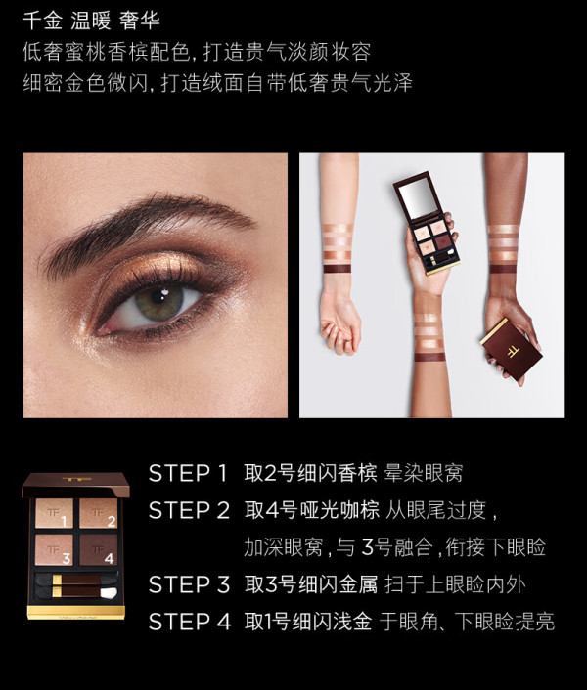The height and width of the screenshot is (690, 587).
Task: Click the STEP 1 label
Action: coord(188,473)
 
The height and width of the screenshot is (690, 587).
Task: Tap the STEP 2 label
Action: coord(190,510)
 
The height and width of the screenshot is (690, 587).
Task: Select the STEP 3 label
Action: coord(190,584)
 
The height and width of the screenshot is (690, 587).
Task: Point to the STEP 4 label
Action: coord(190,622)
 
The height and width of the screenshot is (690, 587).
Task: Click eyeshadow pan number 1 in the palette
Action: coord(54,513)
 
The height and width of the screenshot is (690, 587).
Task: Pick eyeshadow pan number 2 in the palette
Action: coord(99,513)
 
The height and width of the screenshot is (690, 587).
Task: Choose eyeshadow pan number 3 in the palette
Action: coord(54,549)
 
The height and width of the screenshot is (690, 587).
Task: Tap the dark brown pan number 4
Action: coord(99,549)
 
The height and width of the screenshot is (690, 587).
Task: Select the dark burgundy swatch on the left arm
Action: coord(338,269)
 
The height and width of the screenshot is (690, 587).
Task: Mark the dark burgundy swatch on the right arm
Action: coord(503,269)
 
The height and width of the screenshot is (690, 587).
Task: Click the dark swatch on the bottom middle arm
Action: coord(430,357)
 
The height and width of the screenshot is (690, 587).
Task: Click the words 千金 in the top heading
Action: coord(42,21)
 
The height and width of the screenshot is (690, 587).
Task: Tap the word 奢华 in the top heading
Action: coord(140,21)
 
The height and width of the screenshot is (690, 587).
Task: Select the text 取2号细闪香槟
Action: coord(310,473)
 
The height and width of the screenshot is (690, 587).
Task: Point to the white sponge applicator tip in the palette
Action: coord(109,593)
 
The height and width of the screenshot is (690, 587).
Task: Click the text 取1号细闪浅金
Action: coord(308,622)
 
